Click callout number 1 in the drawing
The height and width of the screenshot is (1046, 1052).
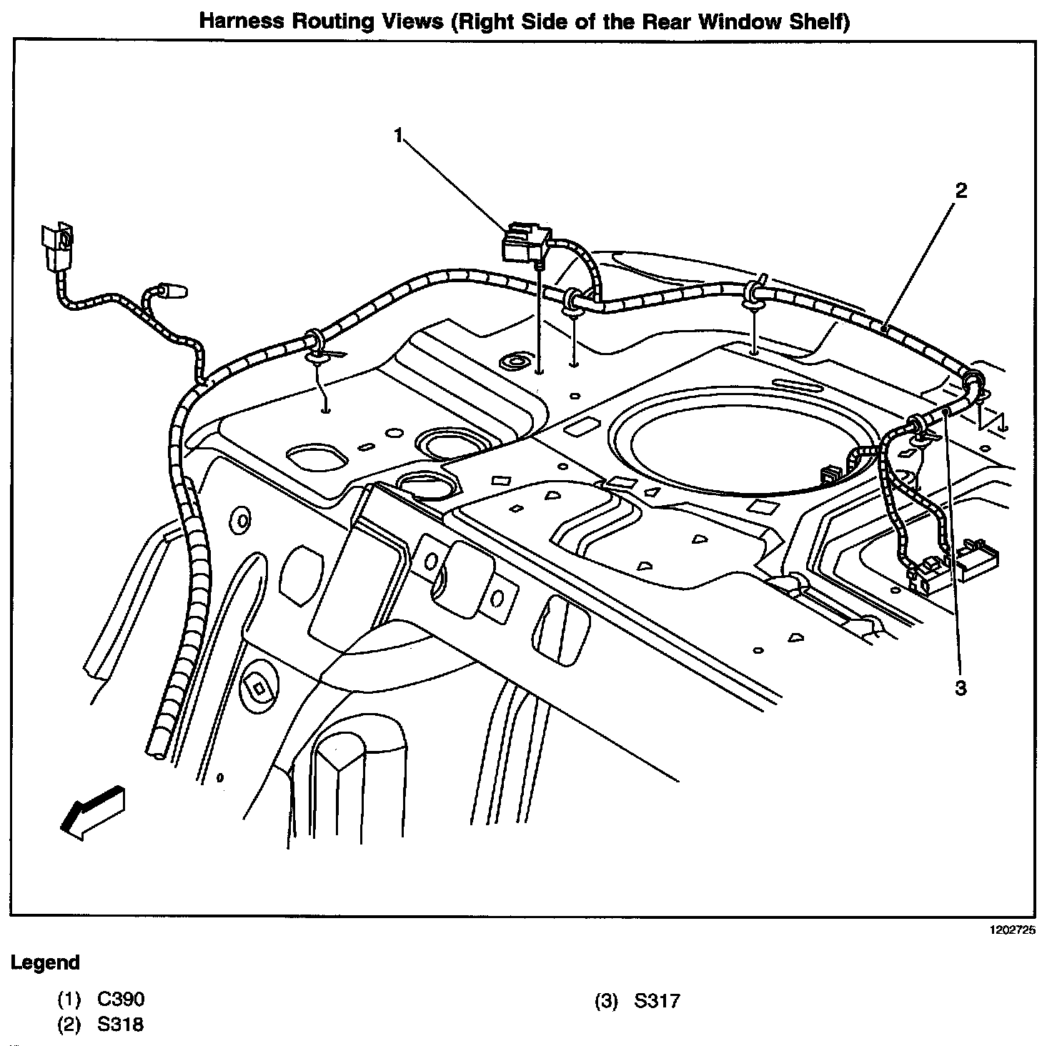coord(399,134)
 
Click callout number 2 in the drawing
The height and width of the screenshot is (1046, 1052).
coord(961,191)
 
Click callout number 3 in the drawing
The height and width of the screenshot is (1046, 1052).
coord(961,688)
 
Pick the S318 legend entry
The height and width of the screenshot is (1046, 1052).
coord(101,1025)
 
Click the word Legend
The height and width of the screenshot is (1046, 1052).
coord(45,962)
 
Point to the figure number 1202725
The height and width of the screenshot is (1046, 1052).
coord(1012,931)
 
